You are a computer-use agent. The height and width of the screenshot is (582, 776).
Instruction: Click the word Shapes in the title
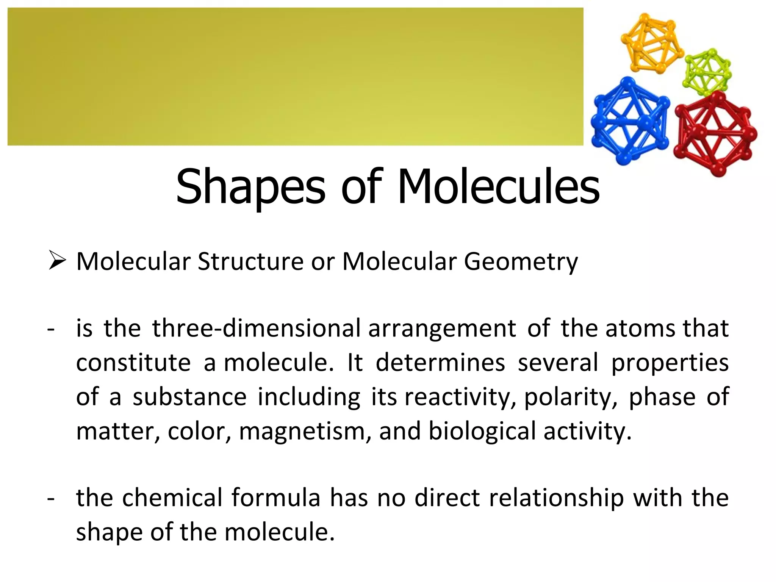click(250, 187)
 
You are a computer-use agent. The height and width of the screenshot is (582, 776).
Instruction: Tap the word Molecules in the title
click(499, 187)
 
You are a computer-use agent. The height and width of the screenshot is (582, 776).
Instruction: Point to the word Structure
click(250, 261)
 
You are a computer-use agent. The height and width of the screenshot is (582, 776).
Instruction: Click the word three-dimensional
click(257, 328)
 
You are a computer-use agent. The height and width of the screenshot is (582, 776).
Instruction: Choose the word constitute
click(133, 363)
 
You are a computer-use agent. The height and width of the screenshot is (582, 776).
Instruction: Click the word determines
click(440, 363)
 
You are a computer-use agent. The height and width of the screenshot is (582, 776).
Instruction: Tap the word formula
click(276, 498)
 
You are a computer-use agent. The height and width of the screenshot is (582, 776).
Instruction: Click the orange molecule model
click(651, 44)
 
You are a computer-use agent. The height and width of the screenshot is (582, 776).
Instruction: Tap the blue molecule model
click(629, 120)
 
